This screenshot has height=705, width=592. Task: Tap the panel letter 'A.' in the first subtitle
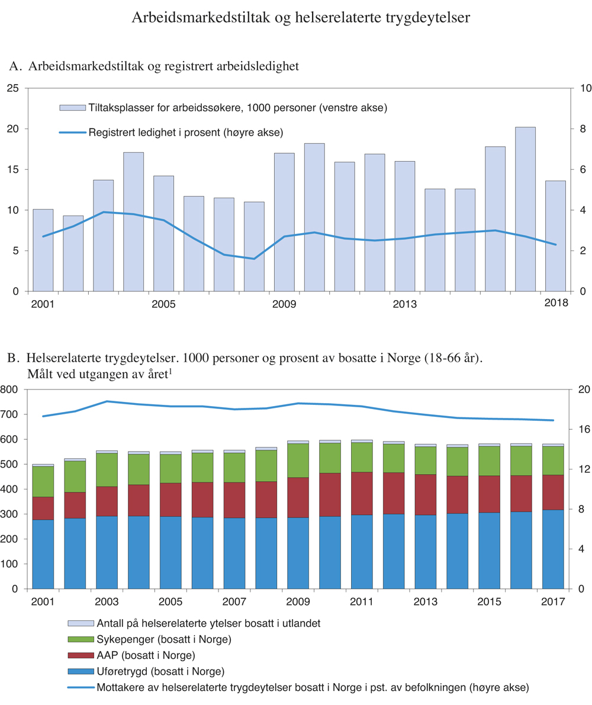tap(16, 66)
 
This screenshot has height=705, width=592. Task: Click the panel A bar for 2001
tap(43, 250)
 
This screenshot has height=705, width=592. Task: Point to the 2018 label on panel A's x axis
tap(555, 304)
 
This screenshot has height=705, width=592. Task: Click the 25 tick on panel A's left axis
tap(14, 88)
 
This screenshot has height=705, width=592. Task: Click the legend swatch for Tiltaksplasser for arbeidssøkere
tap(72, 108)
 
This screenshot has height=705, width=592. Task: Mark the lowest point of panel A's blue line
tap(254, 259)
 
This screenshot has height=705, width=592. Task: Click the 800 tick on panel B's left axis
tap(11, 389)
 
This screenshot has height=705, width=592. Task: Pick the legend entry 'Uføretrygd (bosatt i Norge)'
tap(147, 671)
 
